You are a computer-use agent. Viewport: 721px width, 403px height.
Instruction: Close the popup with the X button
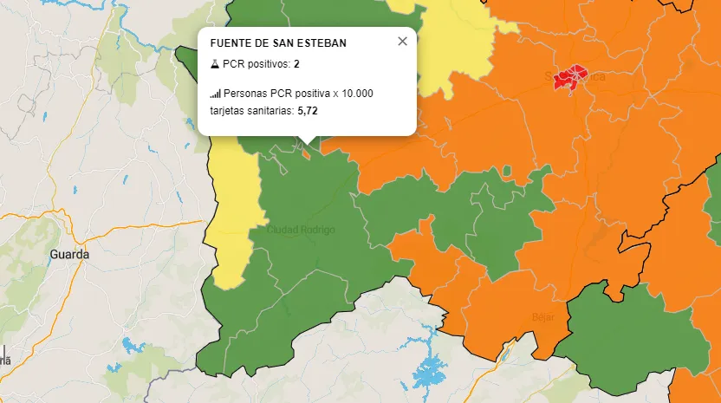coord(402,42)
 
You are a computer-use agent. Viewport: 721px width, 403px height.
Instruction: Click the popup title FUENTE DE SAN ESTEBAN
coord(278,43)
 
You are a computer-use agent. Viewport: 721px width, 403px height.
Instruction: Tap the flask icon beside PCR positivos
coord(215,64)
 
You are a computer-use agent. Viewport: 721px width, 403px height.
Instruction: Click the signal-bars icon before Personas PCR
coord(215,94)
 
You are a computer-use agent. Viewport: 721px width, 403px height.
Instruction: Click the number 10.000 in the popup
coord(355,94)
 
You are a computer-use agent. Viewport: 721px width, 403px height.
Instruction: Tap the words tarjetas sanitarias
coord(251,111)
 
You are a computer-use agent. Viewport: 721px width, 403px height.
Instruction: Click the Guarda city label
coord(69,255)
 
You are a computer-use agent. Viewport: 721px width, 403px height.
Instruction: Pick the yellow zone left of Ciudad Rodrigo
coord(232,217)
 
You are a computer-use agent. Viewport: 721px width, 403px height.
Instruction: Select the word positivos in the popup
coord(267,64)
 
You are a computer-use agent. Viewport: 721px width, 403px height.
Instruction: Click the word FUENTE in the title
coord(230,43)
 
